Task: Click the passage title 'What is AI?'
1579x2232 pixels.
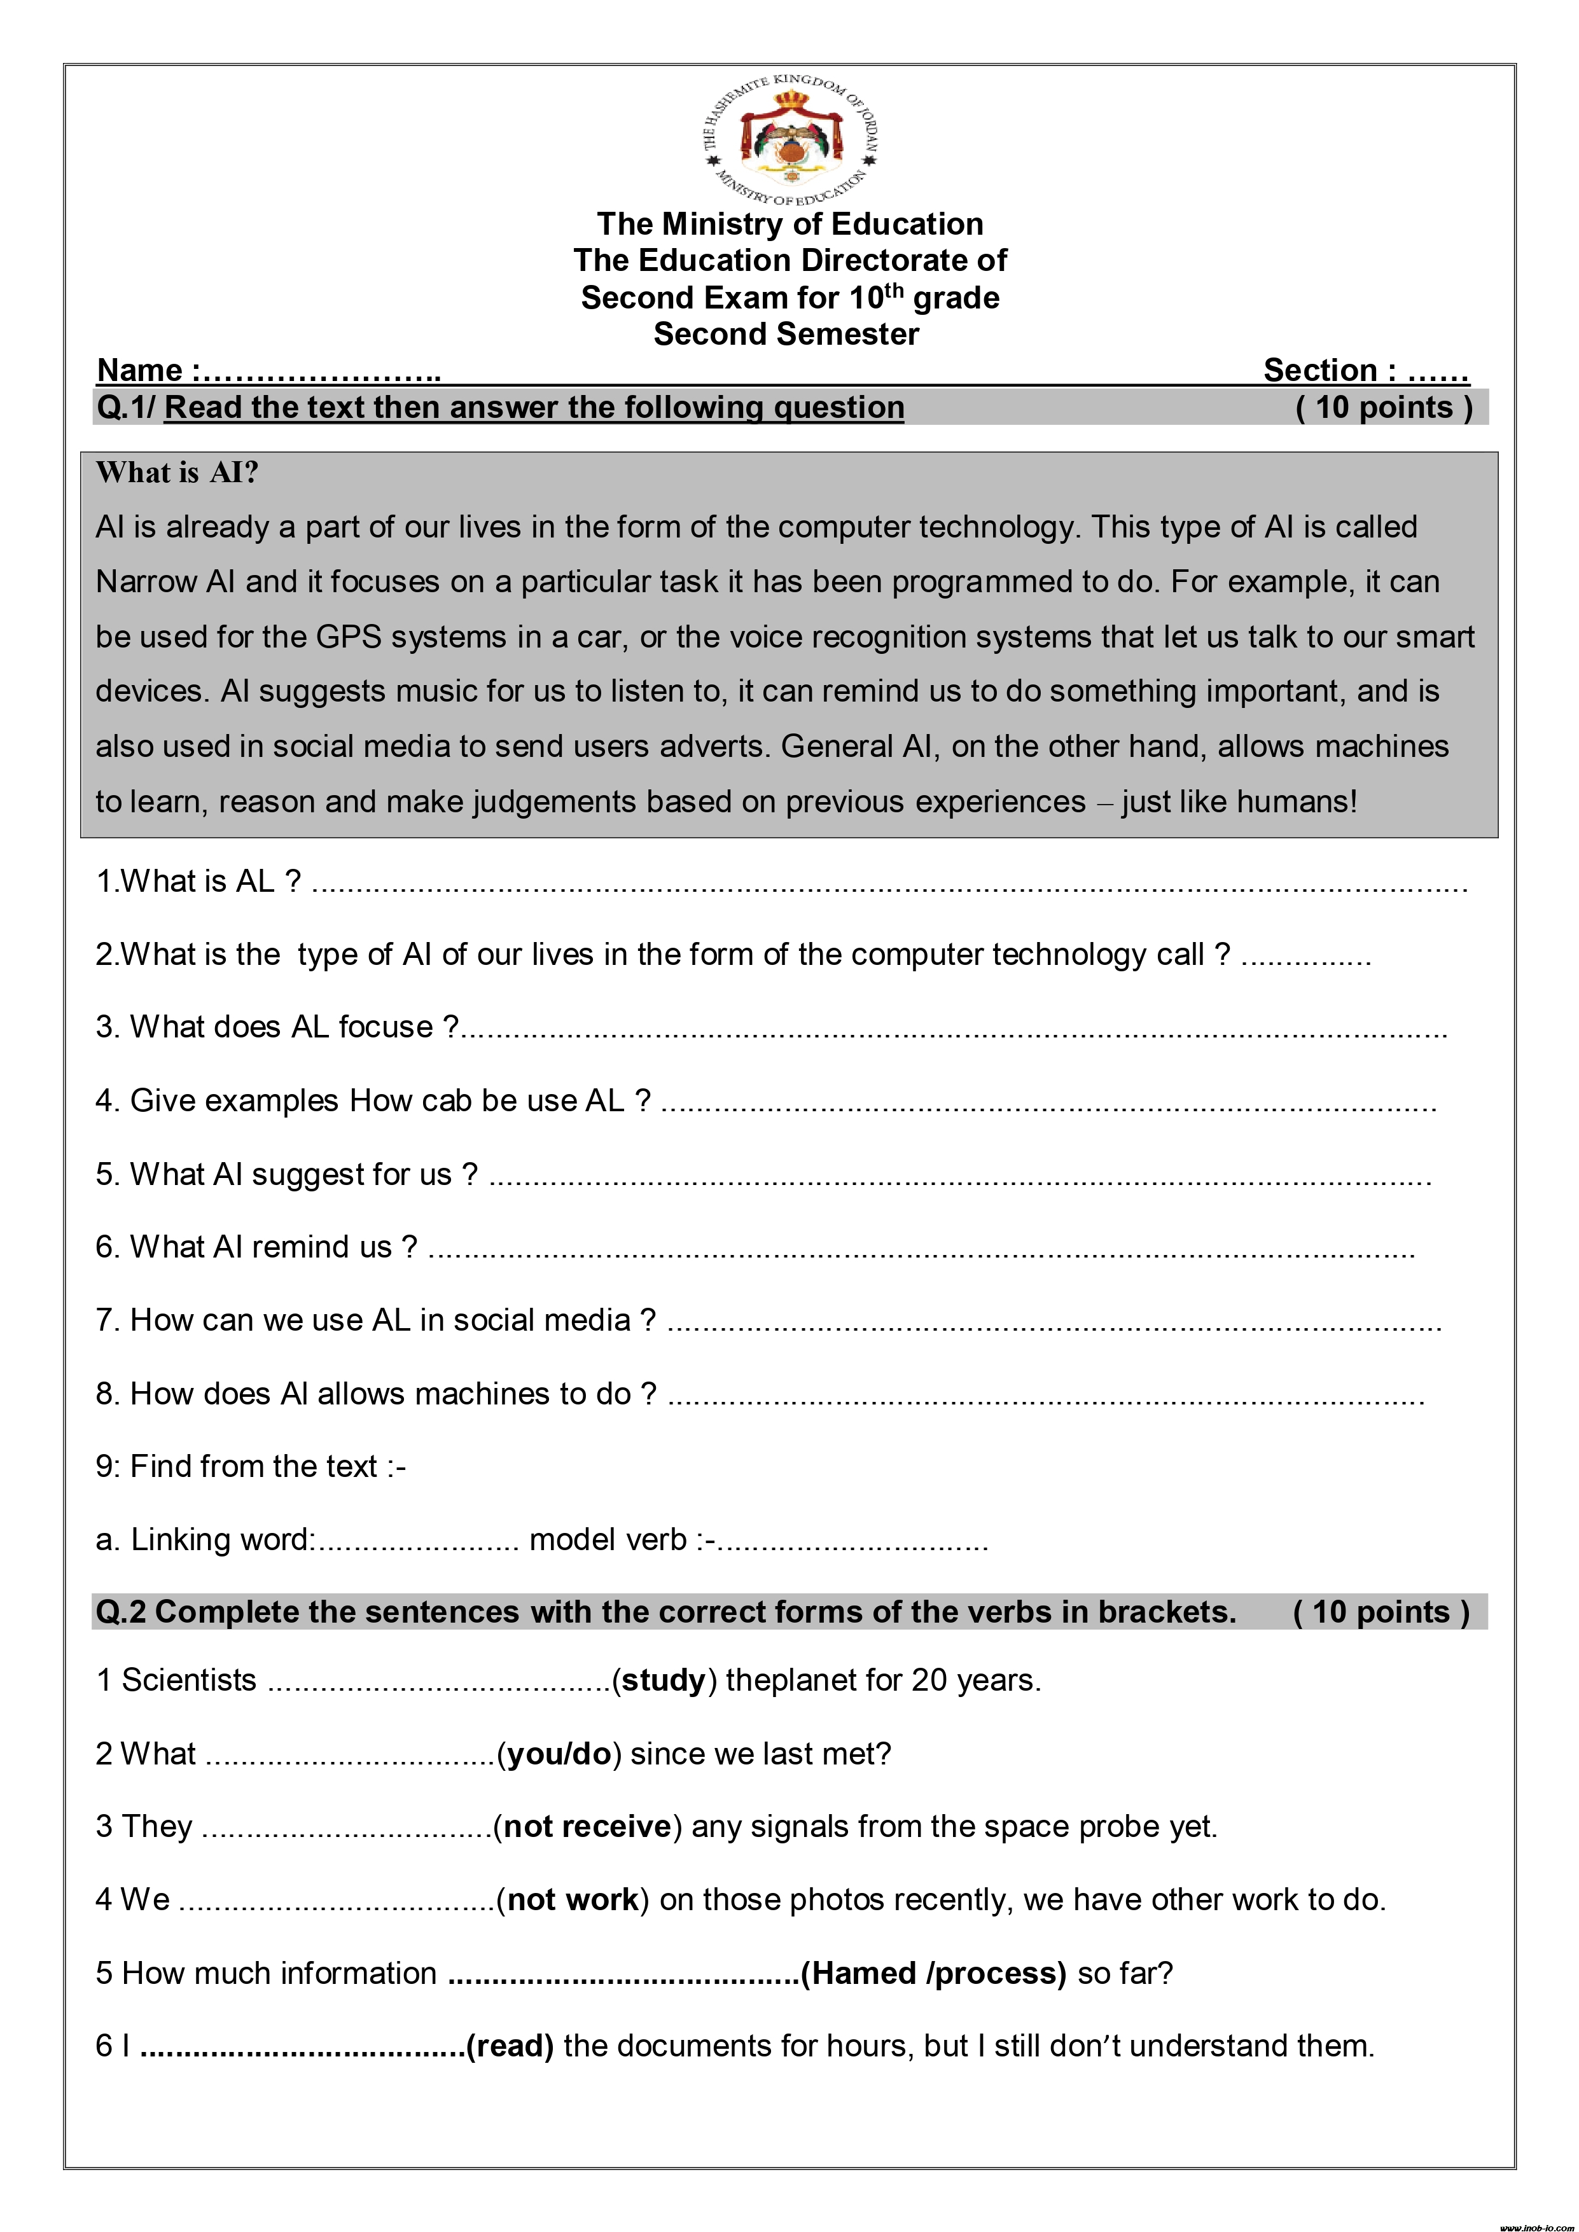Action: [177, 473]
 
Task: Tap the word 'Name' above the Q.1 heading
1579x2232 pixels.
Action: [140, 370]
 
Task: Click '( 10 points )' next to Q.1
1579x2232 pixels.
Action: [1384, 407]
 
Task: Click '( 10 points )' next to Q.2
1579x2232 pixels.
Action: [1381, 1612]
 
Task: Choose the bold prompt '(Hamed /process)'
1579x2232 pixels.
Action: [933, 1973]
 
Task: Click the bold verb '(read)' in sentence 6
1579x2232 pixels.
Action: [510, 2046]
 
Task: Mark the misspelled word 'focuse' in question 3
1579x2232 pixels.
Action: [385, 1027]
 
